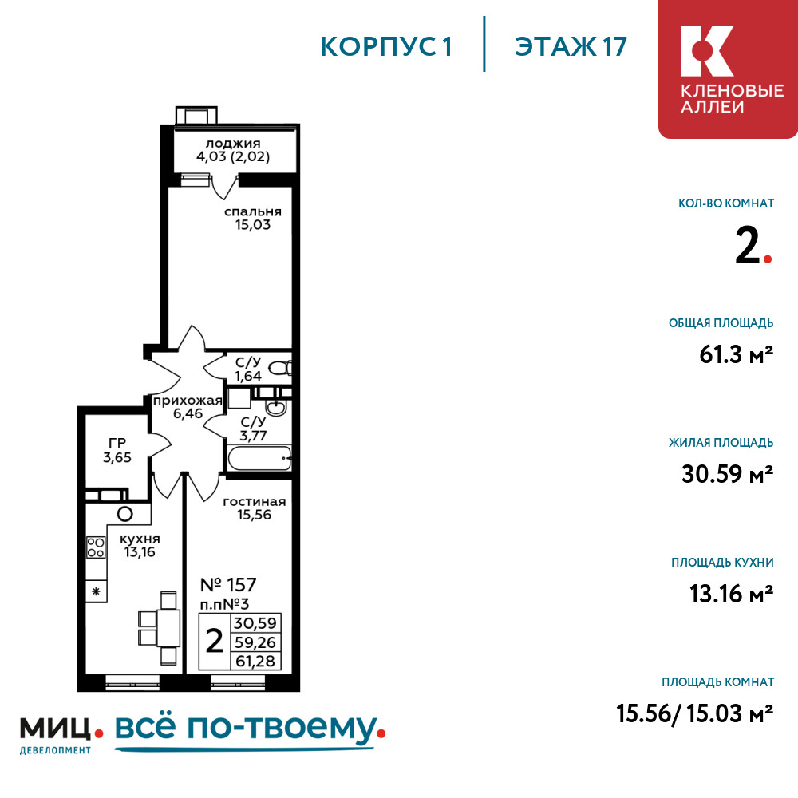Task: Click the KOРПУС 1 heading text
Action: (x=386, y=47)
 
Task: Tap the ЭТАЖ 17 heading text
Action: (x=571, y=47)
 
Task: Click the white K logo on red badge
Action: (x=707, y=51)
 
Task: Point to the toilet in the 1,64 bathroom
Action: (x=280, y=367)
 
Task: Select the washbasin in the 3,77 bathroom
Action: (x=276, y=407)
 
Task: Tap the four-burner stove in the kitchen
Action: (x=96, y=547)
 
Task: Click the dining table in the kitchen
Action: (x=168, y=628)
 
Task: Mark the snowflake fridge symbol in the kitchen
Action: (x=96, y=591)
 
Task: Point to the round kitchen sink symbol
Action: (x=125, y=514)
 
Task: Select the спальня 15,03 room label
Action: (x=253, y=219)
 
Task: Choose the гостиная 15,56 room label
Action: (x=255, y=508)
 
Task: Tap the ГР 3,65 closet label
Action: (x=117, y=450)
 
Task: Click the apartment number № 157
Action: (x=228, y=585)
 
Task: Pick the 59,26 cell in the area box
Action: (x=255, y=642)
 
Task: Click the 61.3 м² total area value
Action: (x=737, y=354)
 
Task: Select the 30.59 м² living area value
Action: (x=728, y=474)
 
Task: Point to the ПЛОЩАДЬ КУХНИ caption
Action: (x=723, y=563)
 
